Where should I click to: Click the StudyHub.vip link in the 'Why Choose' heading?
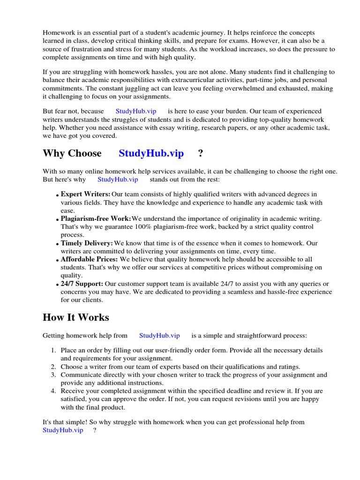pos(151,153)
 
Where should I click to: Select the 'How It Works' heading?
pos(75,317)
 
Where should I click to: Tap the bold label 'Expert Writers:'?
pos(86,194)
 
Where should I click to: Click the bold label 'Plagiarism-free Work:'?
pos(96,218)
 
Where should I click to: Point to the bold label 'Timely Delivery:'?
pos(87,243)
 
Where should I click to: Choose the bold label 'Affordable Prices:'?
pos(90,259)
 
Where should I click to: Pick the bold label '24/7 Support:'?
pos(82,284)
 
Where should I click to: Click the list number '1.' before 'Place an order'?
pos(53,350)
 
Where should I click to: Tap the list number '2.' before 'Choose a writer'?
pos(53,367)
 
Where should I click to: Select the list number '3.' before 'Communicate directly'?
pos(53,375)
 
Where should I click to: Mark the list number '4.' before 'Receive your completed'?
pos(53,391)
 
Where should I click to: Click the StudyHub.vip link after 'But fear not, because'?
pos(136,111)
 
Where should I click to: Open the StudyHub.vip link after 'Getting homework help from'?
pos(159,336)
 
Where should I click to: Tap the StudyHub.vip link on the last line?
pos(63,430)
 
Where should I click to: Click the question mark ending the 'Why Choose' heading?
pos(201,153)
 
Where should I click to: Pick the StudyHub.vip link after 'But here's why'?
pos(118,179)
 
